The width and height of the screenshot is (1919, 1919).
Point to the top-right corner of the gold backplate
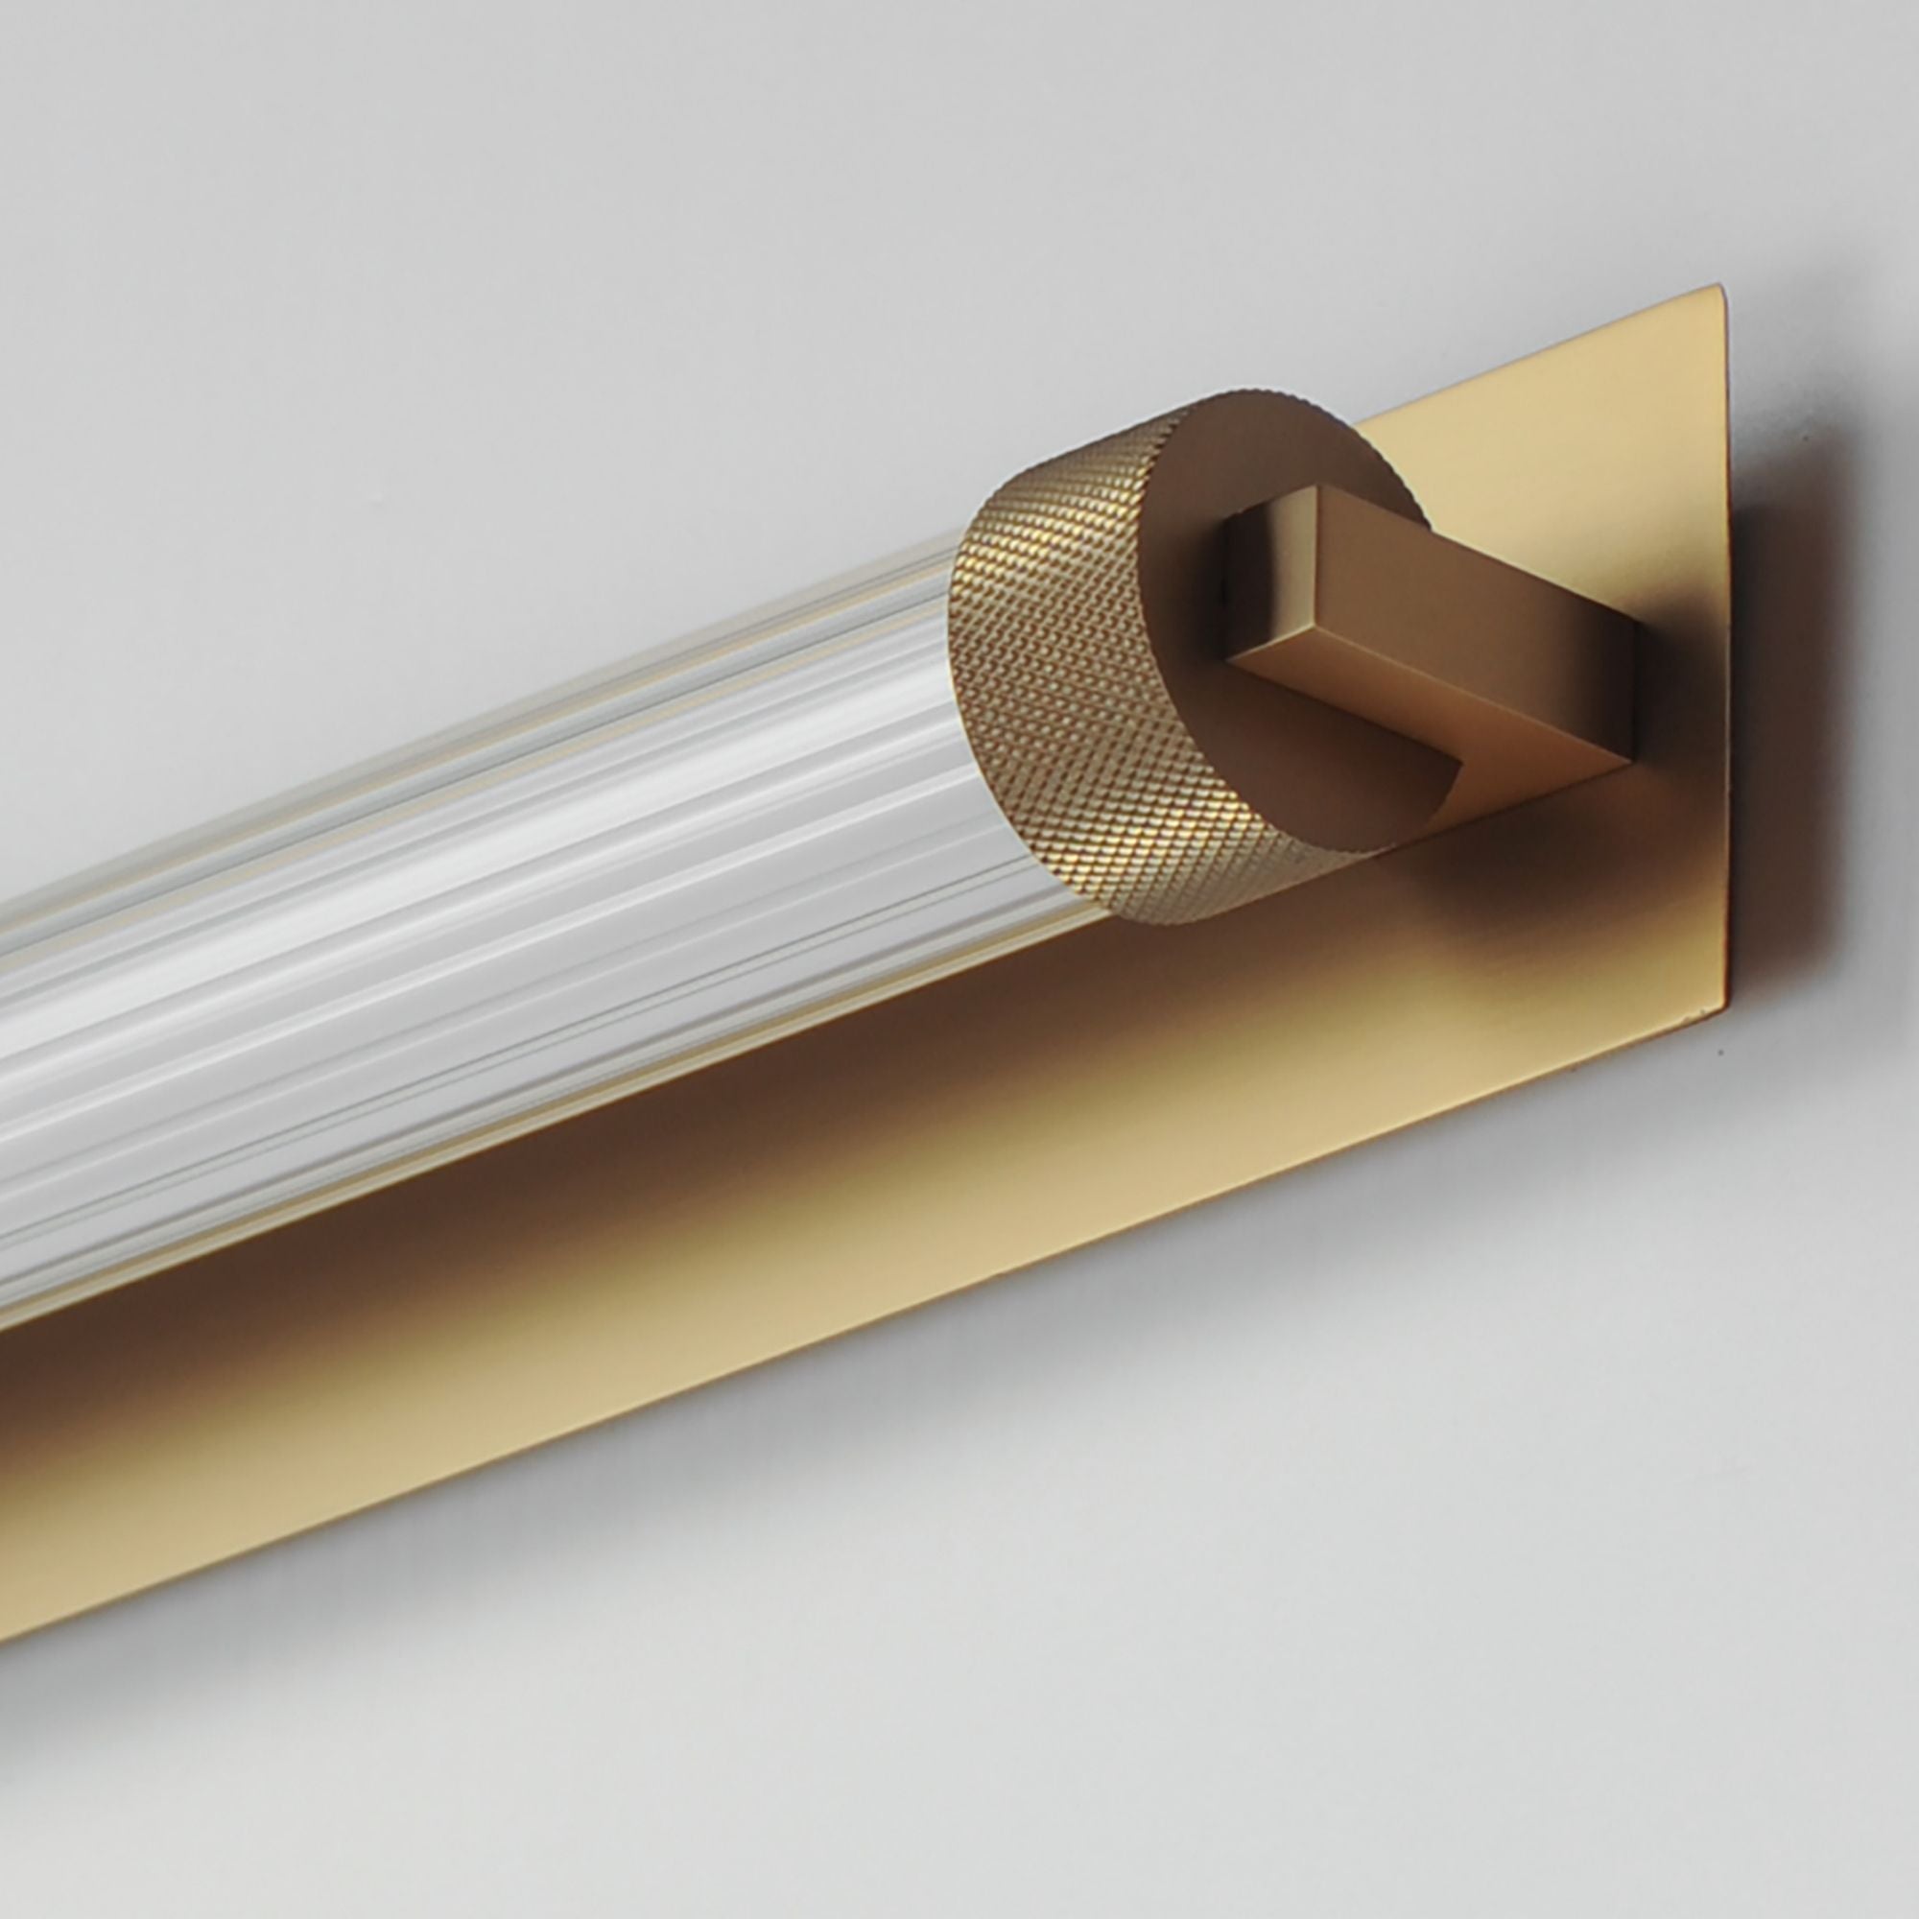[x=1720, y=290]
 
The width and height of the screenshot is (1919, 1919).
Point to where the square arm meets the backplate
[x=1629, y=696]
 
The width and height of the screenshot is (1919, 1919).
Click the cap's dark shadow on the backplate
[x=1410, y=894]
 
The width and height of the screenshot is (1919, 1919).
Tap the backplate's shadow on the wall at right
[x=1778, y=696]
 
